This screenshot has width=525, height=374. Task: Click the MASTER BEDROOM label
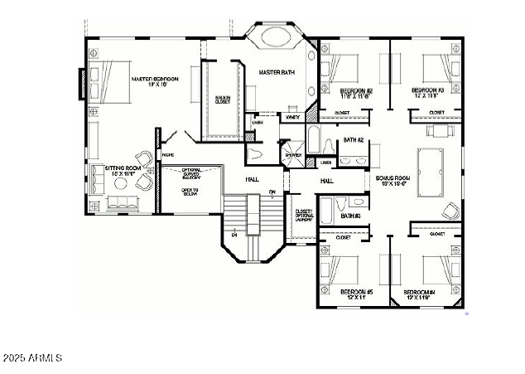point(155,80)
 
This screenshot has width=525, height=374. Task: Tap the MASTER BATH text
point(277,73)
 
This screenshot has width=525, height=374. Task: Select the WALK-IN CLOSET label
point(222,100)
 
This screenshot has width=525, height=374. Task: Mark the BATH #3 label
point(352,217)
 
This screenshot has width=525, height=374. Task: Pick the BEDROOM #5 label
point(357,292)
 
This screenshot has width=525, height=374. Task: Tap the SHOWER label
point(293,155)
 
